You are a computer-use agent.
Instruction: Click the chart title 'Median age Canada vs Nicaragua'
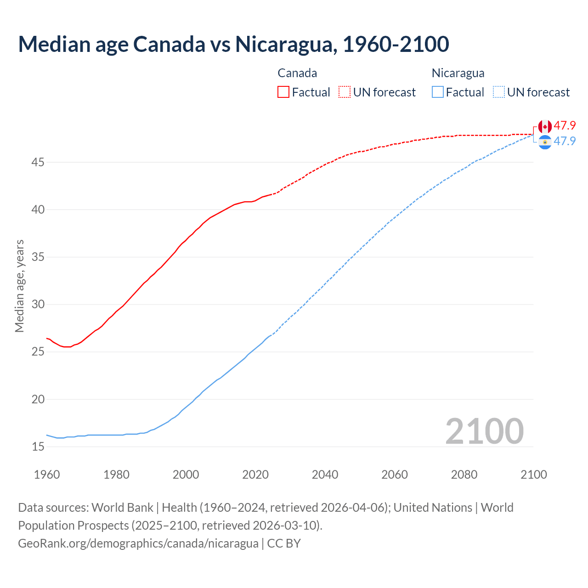click(233, 44)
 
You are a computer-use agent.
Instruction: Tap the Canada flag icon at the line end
click(545, 126)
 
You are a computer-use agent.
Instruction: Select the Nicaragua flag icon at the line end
click(545, 142)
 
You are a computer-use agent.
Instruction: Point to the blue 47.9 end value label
click(565, 141)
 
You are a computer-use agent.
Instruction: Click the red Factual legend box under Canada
click(283, 92)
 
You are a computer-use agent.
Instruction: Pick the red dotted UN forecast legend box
click(345, 92)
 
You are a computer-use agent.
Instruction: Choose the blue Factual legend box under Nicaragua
click(438, 92)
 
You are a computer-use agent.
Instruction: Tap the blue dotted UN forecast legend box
click(498, 92)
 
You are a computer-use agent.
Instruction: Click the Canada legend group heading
click(297, 73)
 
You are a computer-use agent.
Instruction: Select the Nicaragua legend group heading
click(458, 73)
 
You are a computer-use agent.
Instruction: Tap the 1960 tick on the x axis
click(47, 475)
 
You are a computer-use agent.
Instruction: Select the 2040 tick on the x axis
click(325, 475)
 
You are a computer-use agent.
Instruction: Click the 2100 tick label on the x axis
click(533, 475)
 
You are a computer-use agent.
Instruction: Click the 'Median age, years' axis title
click(19, 286)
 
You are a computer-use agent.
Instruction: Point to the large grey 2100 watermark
click(484, 431)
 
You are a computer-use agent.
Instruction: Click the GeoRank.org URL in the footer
click(138, 543)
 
